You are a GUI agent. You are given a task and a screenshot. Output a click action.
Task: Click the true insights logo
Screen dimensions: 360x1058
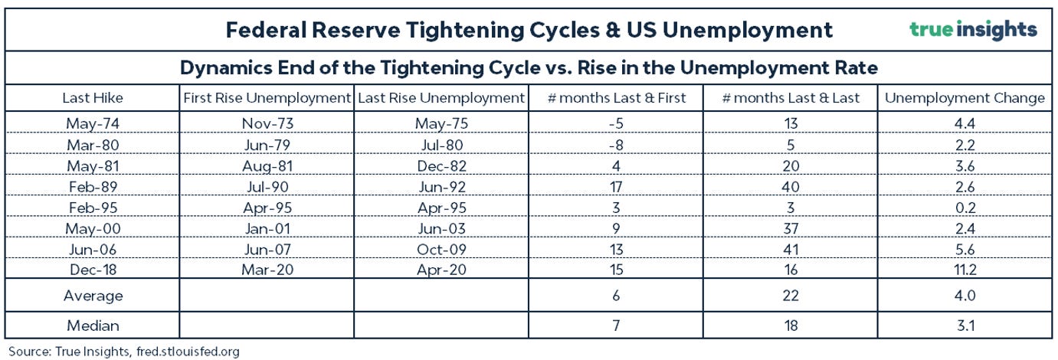(973, 30)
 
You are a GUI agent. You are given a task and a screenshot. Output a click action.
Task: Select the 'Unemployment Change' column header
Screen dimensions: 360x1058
(965, 98)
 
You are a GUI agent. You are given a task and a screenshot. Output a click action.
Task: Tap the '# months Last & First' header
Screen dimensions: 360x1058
(616, 98)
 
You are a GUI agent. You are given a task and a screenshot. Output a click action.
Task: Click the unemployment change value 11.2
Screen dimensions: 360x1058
(965, 270)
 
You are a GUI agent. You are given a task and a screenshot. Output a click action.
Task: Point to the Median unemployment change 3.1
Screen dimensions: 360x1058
(965, 326)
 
